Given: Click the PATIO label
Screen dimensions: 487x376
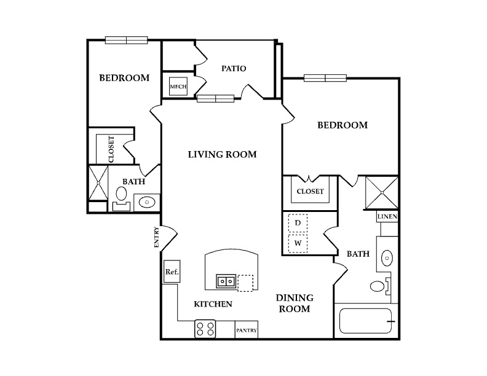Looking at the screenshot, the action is pyautogui.click(x=234, y=68).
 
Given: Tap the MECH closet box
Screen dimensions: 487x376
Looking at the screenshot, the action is pyautogui.click(x=178, y=86).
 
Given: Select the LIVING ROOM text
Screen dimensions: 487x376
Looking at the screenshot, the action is pyautogui.click(x=223, y=154).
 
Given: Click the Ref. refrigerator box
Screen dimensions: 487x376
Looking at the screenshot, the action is pyautogui.click(x=172, y=272).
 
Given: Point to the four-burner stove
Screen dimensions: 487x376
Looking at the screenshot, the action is pyautogui.click(x=205, y=329).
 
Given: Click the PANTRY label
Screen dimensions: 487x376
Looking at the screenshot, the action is pyautogui.click(x=247, y=331).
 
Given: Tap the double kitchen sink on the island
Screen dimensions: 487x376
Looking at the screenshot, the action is pyautogui.click(x=226, y=281).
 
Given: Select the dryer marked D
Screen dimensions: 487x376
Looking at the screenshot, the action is pyautogui.click(x=298, y=223).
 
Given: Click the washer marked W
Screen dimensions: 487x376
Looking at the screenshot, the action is pyautogui.click(x=298, y=243).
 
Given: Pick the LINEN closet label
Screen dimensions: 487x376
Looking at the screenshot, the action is pyautogui.click(x=387, y=216).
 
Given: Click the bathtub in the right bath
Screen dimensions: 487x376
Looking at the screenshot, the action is pyautogui.click(x=366, y=321).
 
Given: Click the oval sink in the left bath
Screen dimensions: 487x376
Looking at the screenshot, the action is pyautogui.click(x=147, y=202).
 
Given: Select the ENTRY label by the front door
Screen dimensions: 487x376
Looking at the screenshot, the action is pyautogui.click(x=156, y=237).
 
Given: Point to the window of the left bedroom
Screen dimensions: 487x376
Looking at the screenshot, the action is pyautogui.click(x=127, y=40).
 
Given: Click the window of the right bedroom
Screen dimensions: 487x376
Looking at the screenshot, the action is pyautogui.click(x=325, y=78).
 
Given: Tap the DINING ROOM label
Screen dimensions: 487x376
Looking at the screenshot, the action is pyautogui.click(x=295, y=304).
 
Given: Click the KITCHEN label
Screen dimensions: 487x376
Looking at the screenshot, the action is pyautogui.click(x=213, y=304).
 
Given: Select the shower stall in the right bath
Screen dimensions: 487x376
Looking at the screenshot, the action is pyautogui.click(x=381, y=193).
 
